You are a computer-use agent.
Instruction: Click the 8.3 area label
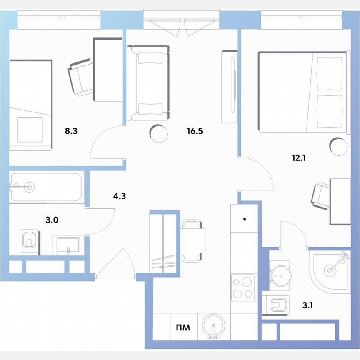[x=71, y=131]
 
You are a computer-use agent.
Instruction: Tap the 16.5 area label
[x=195, y=131]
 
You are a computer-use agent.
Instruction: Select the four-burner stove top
[x=243, y=287]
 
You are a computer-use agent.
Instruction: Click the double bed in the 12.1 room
[x=302, y=92]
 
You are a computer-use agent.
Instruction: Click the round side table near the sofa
[x=159, y=133]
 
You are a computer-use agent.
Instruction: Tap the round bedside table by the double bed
[x=338, y=146]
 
